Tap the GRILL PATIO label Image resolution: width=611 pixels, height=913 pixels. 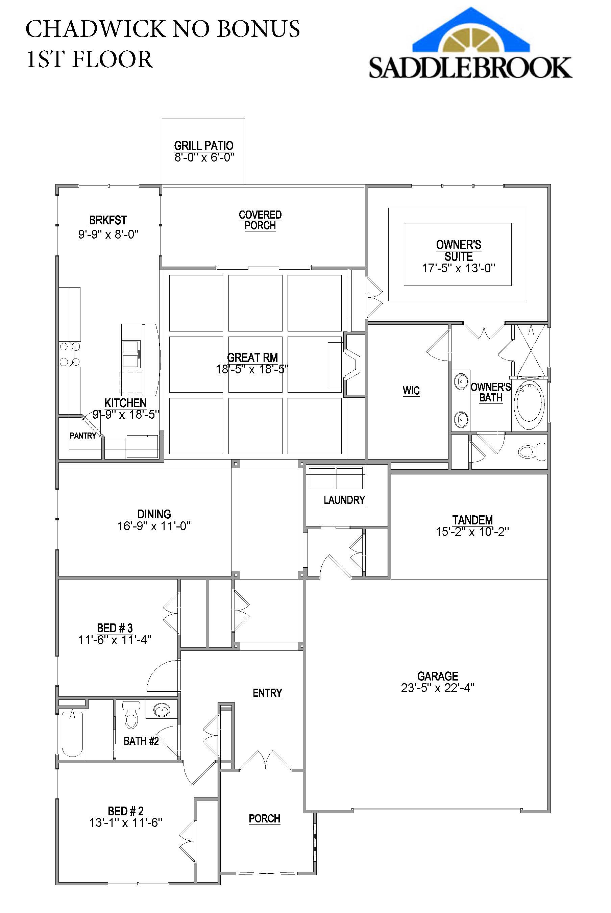[203, 146]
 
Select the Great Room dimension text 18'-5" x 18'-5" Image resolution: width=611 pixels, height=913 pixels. [252, 369]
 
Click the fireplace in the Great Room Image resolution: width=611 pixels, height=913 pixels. [351, 365]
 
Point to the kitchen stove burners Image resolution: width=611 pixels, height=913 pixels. [70, 354]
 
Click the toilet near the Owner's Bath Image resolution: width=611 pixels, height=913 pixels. [532, 452]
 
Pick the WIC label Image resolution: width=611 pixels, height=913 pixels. [411, 391]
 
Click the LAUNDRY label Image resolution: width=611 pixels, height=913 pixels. [344, 500]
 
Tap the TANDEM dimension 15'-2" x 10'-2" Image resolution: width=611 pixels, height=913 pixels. [472, 532]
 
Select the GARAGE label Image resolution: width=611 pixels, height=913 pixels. [438, 676]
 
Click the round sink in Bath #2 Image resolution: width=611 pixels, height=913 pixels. [161, 710]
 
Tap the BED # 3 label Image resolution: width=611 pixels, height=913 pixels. [115, 628]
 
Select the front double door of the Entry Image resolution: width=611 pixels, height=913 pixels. [266, 760]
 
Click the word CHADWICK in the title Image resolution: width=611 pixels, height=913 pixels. [95, 29]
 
